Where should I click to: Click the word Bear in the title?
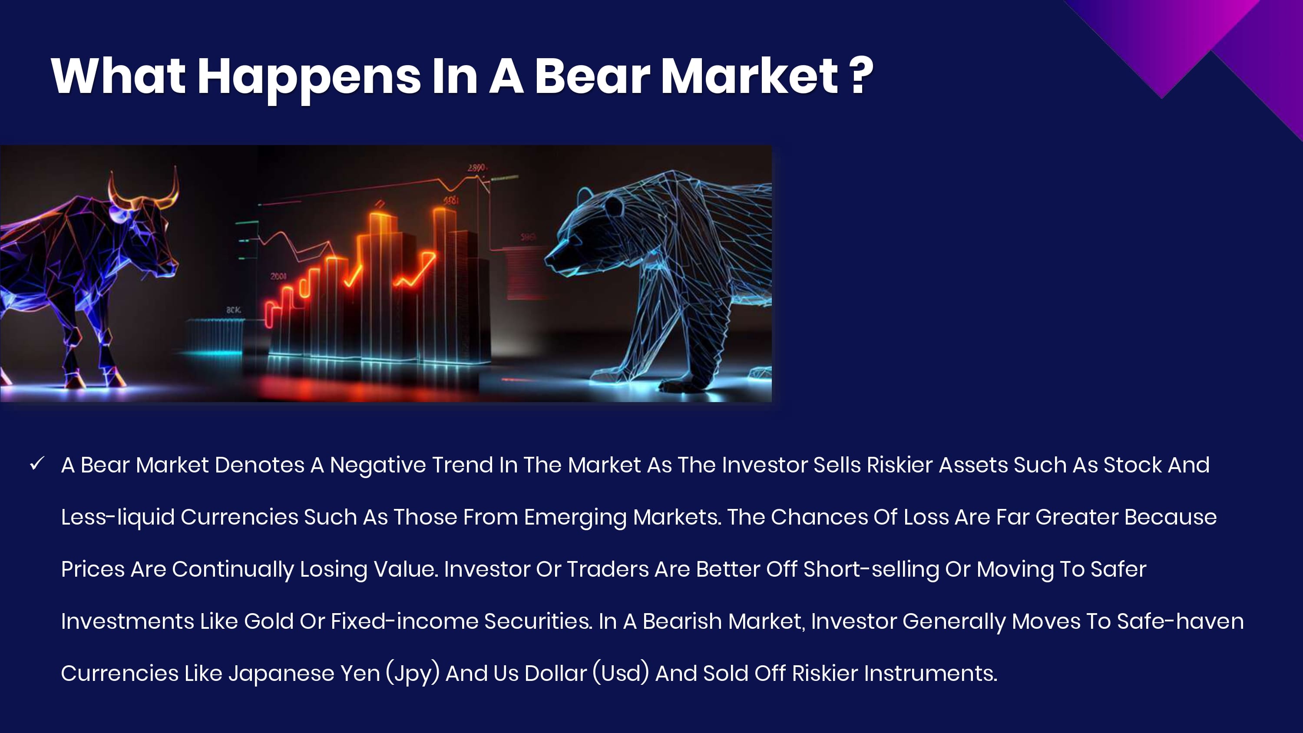point(592,76)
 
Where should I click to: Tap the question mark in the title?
point(861,76)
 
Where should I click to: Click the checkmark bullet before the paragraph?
point(37,463)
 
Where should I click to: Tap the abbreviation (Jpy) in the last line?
point(412,674)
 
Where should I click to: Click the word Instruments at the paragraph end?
point(930,674)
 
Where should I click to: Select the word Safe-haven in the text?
point(1181,621)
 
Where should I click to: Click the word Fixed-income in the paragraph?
point(405,621)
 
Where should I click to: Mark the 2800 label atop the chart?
point(476,168)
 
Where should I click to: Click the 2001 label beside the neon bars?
point(278,276)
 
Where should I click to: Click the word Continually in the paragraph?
point(233,570)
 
